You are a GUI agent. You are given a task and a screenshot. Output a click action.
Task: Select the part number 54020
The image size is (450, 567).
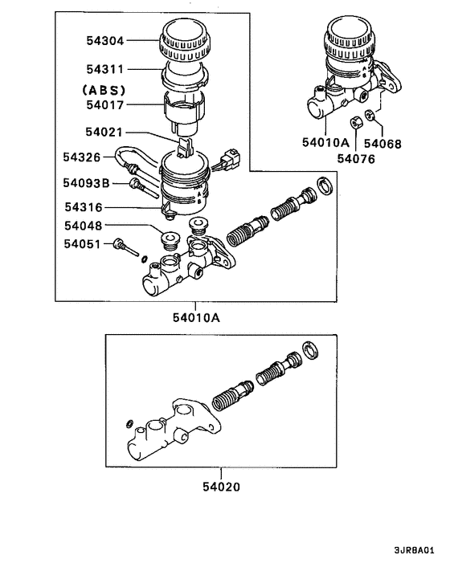(x=217, y=486)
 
